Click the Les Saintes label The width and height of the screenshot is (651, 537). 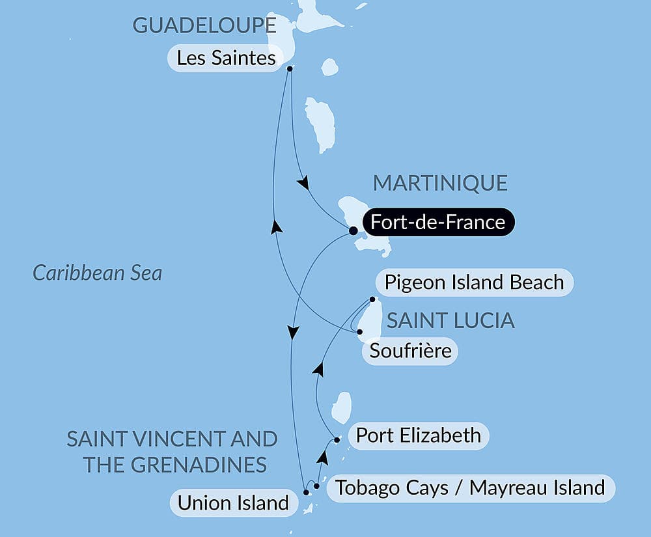coord(226,59)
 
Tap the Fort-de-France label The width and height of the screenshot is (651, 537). coord(437,222)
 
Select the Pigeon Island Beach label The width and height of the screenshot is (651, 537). coord(474,282)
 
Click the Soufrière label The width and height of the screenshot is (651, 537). coord(410,351)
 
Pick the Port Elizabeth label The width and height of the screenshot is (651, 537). coord(418,435)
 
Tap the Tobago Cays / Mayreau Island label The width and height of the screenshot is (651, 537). coord(469,487)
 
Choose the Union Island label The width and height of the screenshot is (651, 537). coord(232,503)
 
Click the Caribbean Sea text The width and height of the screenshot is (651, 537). coord(97,273)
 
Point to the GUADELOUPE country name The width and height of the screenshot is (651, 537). coord(204,25)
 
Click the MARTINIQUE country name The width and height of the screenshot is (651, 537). coord(439,183)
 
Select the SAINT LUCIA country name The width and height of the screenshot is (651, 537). coord(450,320)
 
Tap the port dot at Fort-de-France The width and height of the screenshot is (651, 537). coord(353,230)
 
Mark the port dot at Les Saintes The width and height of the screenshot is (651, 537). coord(290,68)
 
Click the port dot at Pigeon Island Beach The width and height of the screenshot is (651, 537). coord(372,300)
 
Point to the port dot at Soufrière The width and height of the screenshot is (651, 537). coord(359,332)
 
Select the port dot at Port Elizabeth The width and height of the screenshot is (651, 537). coord(337,440)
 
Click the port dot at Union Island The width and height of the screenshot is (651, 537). coord(306,492)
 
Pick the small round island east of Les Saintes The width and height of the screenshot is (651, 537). coord(329,67)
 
